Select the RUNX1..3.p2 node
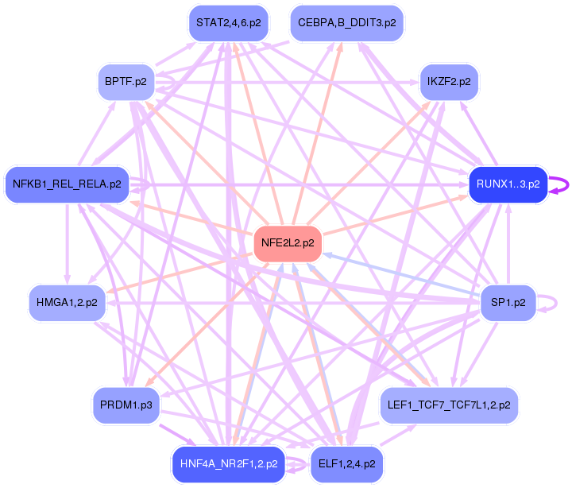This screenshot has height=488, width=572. [508, 184]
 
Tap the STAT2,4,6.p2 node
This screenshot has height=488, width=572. [228, 23]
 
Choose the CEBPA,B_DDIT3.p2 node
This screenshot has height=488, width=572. [347, 23]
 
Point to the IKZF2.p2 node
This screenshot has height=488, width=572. [449, 82]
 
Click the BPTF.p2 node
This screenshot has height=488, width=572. [126, 82]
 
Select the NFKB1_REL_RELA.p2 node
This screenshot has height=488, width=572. [67, 184]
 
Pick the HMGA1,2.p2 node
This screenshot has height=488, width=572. [67, 302]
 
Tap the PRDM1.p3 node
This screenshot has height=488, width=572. [126, 405]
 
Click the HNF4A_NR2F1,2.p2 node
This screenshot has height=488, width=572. [228, 464]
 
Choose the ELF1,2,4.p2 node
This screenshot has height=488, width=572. [346, 464]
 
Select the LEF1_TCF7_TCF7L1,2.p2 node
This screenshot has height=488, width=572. [449, 405]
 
